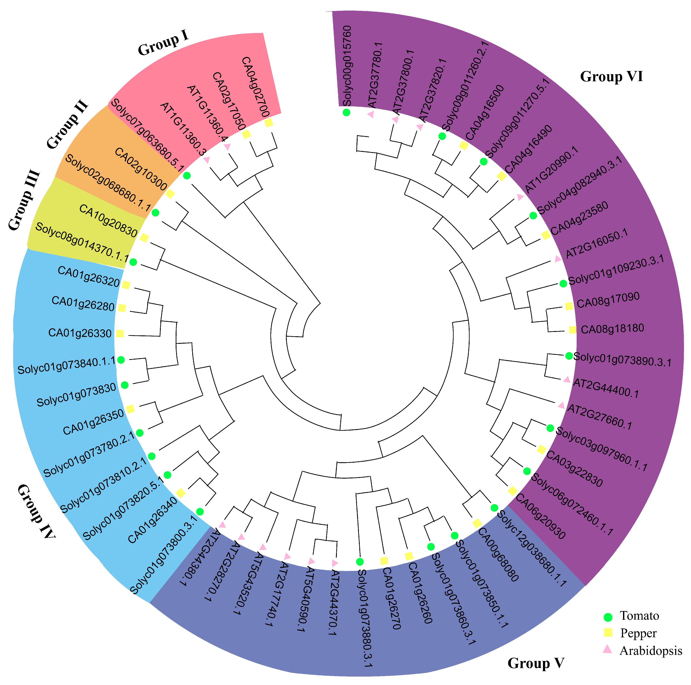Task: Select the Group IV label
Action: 36,511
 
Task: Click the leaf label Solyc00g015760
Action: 347,66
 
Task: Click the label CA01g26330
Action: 80,333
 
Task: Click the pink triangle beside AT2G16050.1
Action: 557,259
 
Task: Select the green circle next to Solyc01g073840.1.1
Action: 121,360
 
